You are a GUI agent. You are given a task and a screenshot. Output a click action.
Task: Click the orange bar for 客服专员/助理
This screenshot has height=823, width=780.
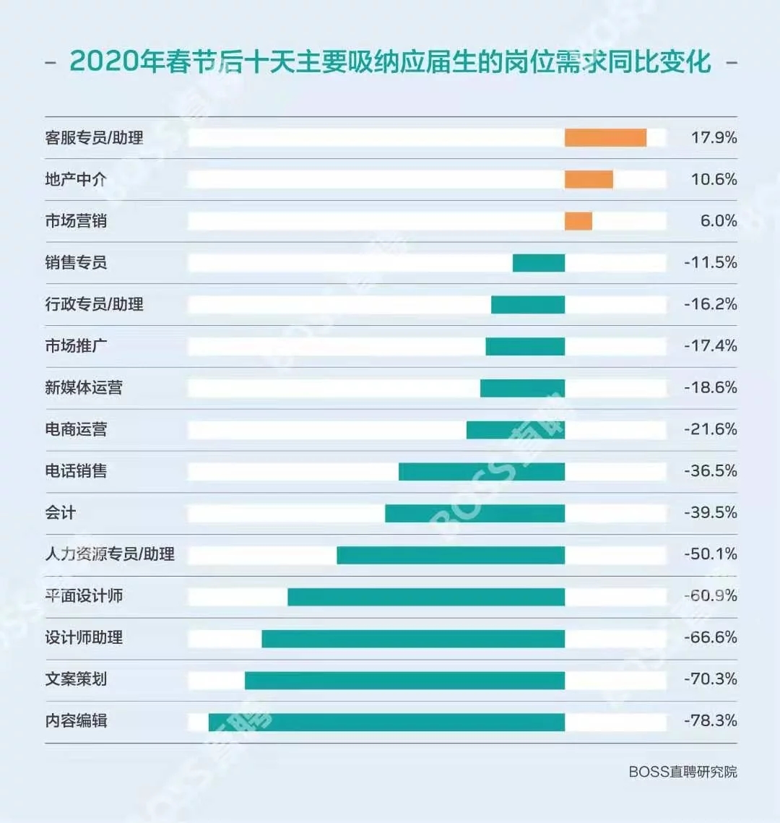tap(605, 138)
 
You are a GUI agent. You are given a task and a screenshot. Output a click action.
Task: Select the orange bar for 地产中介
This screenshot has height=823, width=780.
tap(589, 179)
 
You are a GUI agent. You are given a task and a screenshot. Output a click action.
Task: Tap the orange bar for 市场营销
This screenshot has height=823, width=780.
tap(578, 221)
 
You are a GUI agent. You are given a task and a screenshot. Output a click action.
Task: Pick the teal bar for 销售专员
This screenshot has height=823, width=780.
tap(539, 263)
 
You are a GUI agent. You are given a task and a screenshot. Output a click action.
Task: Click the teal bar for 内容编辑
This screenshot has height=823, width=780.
tap(386, 722)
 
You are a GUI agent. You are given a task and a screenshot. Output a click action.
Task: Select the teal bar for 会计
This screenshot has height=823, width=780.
tap(474, 513)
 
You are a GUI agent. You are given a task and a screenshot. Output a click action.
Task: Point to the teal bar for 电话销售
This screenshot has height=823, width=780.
tap(482, 472)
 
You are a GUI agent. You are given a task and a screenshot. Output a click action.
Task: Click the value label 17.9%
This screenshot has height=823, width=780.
tap(714, 137)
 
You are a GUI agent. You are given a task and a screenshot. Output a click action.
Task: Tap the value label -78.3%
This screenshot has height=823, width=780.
tap(710, 720)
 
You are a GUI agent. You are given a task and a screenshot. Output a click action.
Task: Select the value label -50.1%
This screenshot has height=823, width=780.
tap(710, 554)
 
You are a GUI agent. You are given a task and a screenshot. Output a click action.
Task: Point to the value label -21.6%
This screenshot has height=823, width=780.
tap(710, 429)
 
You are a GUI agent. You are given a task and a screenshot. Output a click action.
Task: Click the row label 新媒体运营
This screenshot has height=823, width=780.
tap(84, 388)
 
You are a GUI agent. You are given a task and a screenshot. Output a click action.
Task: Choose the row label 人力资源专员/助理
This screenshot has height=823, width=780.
tap(110, 554)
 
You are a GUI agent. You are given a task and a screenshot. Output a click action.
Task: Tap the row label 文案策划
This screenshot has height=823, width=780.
tap(76, 679)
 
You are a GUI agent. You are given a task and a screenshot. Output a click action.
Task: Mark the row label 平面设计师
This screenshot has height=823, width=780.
tap(84, 596)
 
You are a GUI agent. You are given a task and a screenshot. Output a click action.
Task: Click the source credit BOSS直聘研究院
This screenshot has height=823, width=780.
tap(682, 772)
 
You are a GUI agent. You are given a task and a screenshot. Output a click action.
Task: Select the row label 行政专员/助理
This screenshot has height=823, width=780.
tap(94, 304)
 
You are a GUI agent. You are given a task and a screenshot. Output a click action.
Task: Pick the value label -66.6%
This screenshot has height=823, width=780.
tap(710, 637)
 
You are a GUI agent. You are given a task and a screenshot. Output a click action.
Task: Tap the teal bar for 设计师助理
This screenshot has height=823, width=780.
tap(413, 639)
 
